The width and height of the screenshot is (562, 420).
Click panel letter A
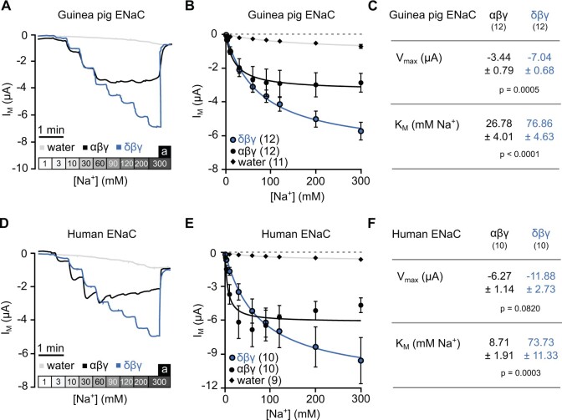pyautogui.click(x=7, y=8)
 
